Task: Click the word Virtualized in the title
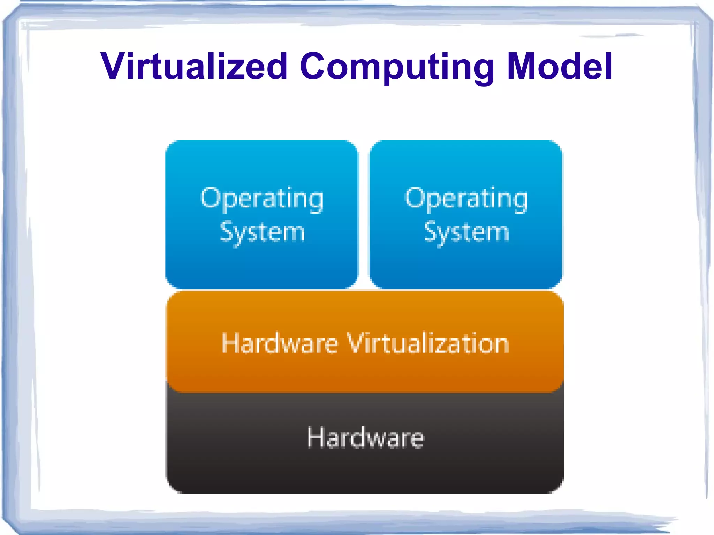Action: click(x=194, y=66)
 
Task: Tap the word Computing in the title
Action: click(x=397, y=67)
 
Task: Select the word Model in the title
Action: click(x=560, y=66)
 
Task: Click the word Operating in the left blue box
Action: click(x=262, y=199)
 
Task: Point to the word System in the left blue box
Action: click(x=262, y=232)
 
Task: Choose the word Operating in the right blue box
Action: click(x=466, y=199)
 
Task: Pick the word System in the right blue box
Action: click(x=466, y=232)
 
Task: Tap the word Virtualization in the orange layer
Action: click(x=428, y=343)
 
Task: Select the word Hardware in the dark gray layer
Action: click(x=365, y=437)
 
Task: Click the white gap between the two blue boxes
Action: click(x=364, y=214)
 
